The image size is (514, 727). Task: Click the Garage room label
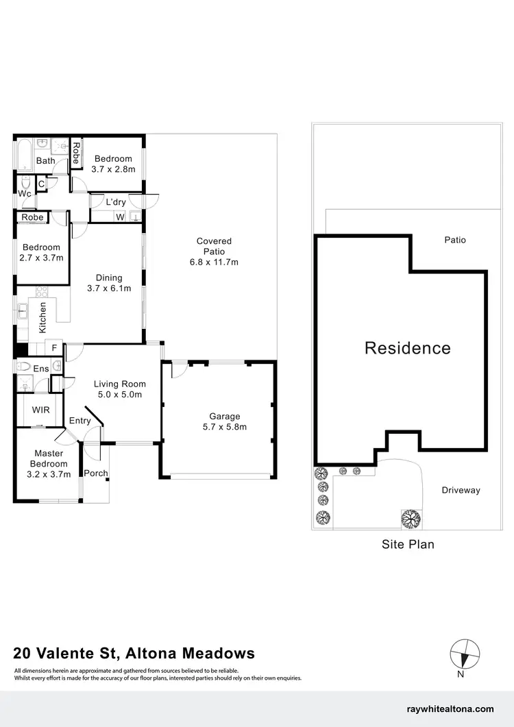pyautogui.click(x=225, y=416)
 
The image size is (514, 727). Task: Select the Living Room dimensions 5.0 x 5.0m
pyautogui.click(x=120, y=395)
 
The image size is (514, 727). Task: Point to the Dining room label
pyautogui.click(x=109, y=278)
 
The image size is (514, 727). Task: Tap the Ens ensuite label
pyautogui.click(x=42, y=369)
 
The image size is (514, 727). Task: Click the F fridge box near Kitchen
pyautogui.click(x=54, y=348)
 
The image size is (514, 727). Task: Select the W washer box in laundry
pyautogui.click(x=119, y=217)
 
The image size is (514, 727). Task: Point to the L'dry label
pyautogui.click(x=115, y=202)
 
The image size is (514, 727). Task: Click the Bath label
pyautogui.click(x=46, y=161)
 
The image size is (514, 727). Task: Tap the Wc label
pyautogui.click(x=25, y=194)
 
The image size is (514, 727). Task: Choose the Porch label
pyautogui.click(x=96, y=473)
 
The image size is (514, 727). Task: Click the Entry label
pyautogui.click(x=80, y=421)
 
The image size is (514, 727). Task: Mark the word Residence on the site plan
pyautogui.click(x=408, y=348)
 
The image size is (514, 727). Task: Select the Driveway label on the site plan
pyautogui.click(x=461, y=490)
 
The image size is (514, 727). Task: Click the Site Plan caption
pyautogui.click(x=408, y=545)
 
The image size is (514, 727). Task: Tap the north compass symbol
pyautogui.click(x=464, y=654)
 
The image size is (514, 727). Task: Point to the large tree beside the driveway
pyautogui.click(x=411, y=518)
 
